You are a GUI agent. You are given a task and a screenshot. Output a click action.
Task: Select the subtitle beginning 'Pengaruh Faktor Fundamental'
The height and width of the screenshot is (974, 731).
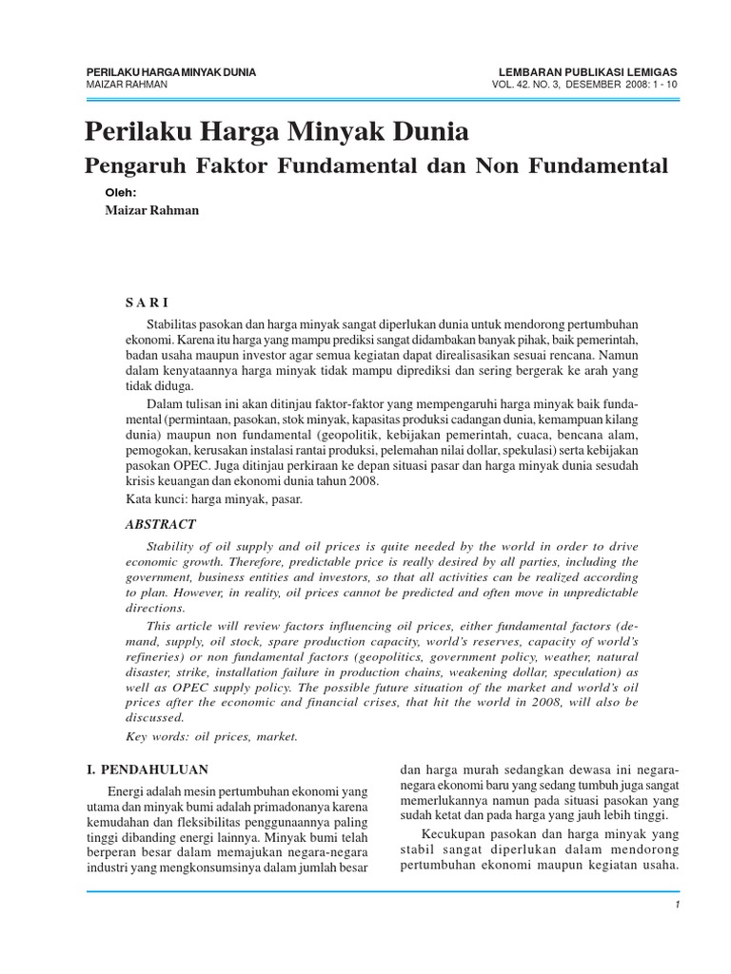coord(377,166)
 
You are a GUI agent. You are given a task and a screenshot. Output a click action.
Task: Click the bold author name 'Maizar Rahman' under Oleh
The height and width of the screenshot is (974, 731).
coord(151,210)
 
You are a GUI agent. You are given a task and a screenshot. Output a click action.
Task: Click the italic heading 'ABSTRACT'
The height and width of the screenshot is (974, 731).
coord(161,524)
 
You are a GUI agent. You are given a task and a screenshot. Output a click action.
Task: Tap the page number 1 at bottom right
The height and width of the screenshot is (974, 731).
coord(675,905)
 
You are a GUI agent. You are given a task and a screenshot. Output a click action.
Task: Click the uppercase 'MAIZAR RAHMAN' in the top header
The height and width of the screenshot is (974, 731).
coord(127,84)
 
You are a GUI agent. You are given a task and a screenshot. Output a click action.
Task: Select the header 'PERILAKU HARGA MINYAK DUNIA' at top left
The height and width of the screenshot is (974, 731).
coord(170,72)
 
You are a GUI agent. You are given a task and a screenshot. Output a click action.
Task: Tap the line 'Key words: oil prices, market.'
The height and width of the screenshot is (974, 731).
coord(212,736)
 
